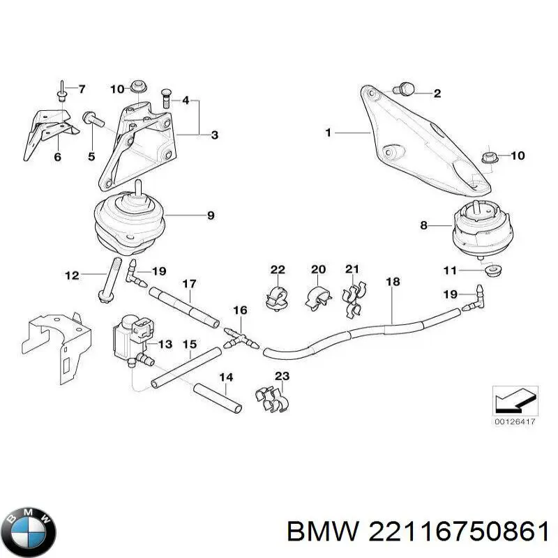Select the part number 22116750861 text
pyautogui.click(x=453, y=534)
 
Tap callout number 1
pyautogui.click(x=329, y=132)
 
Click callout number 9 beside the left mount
pyautogui.click(x=211, y=216)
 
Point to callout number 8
pyautogui.click(x=424, y=225)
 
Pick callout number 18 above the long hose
pyautogui.click(x=393, y=282)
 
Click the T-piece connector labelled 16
pyautogui.click(x=239, y=339)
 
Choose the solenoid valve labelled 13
pyautogui.click(x=131, y=336)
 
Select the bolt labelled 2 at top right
pyautogui.click(x=404, y=89)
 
